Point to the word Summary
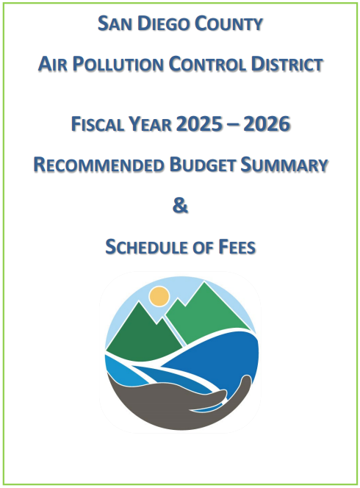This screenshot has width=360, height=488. click(286, 165)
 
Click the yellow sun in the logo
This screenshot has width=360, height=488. click(158, 296)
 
